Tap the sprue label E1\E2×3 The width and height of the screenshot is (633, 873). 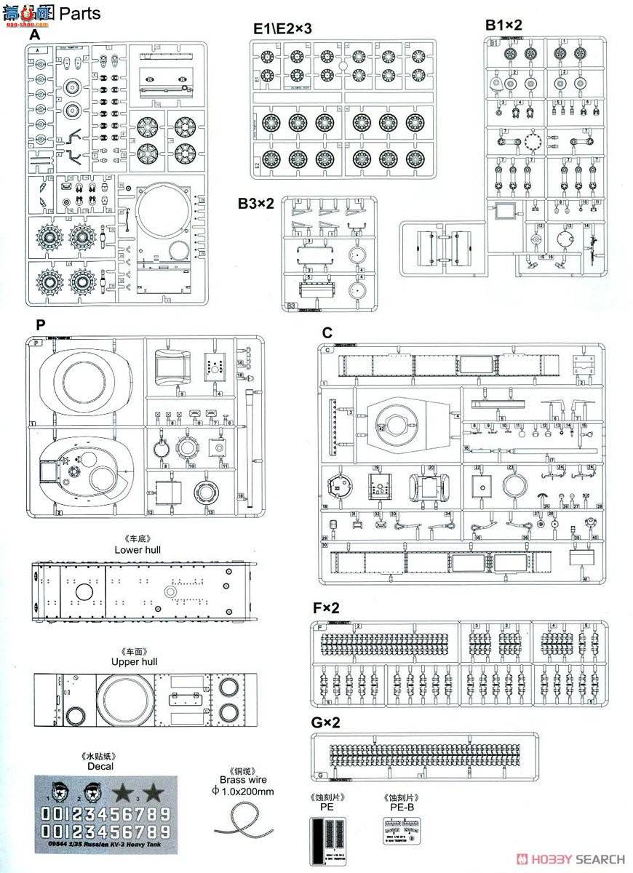click(282, 28)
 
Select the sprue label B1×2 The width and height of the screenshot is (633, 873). click(503, 24)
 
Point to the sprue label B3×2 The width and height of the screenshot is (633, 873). click(255, 204)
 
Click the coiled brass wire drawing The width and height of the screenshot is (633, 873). click(242, 822)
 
